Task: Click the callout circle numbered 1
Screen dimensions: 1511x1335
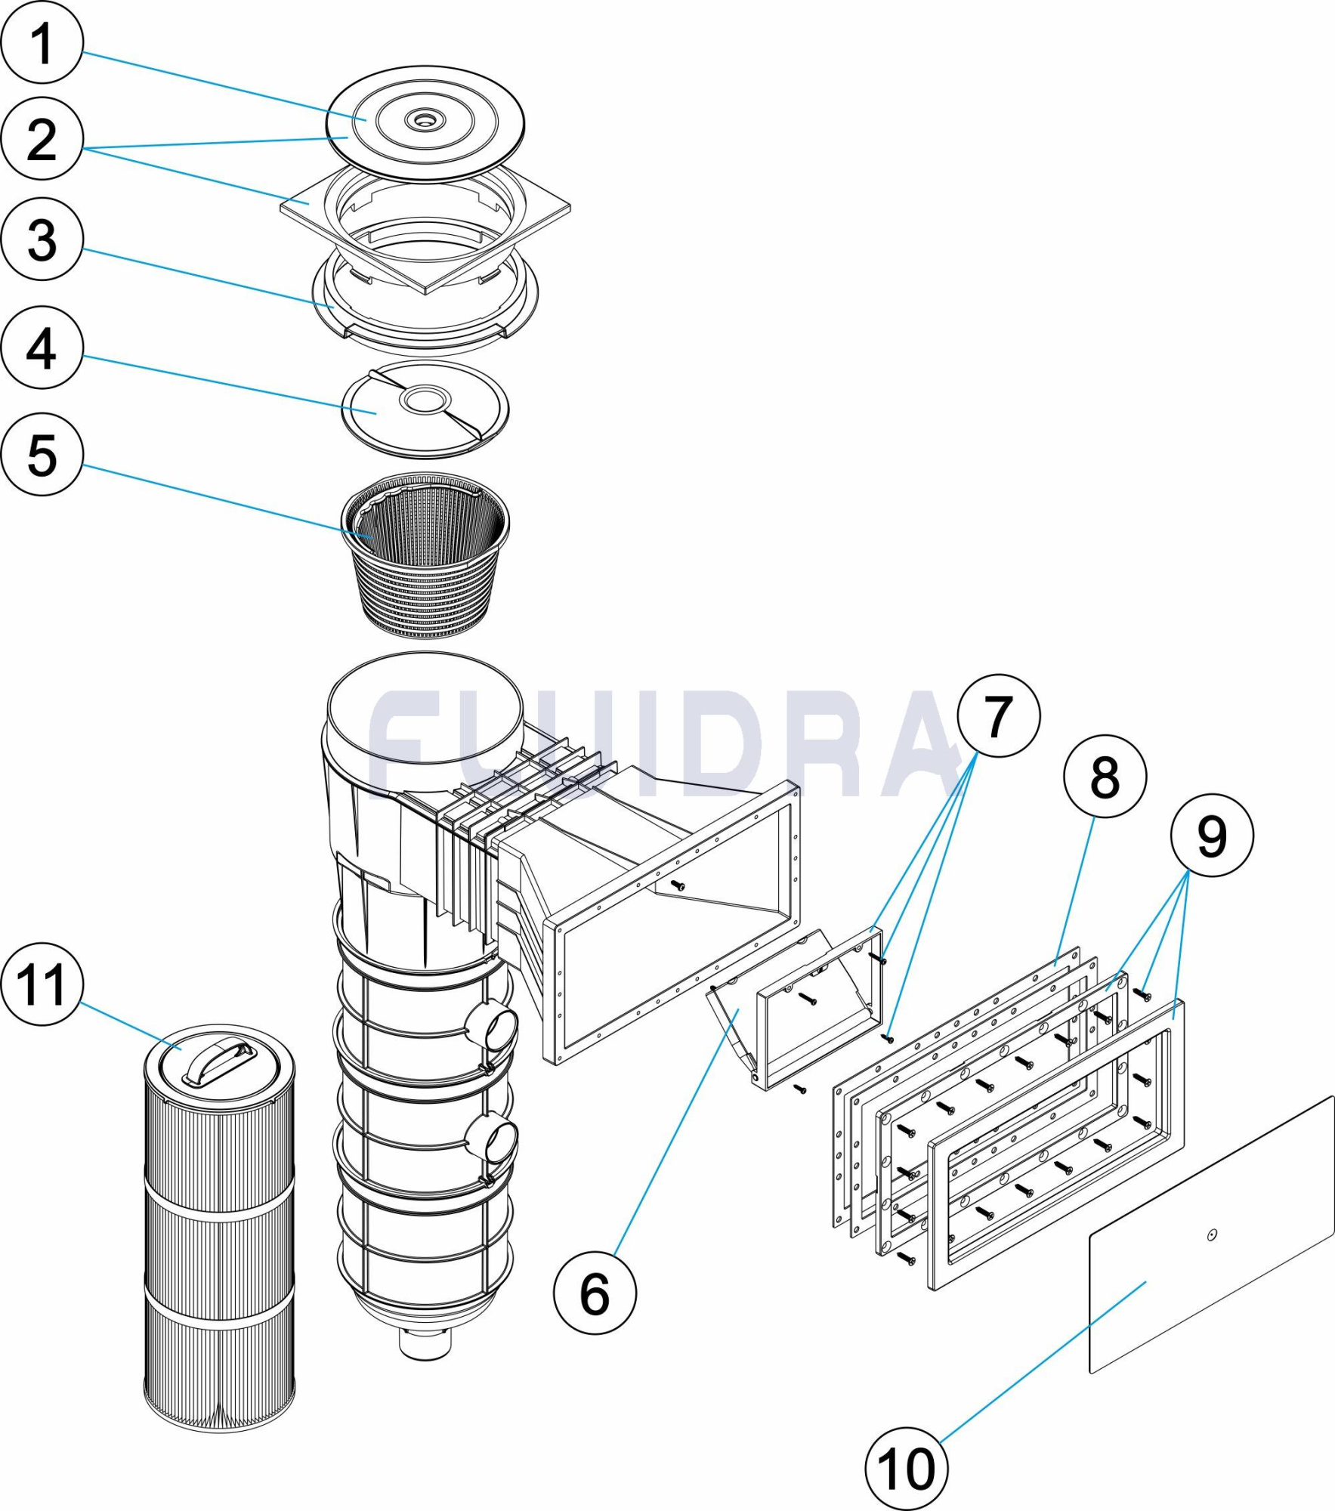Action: (42, 43)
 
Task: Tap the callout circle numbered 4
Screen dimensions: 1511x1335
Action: (42, 348)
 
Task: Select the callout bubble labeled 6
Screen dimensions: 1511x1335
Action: (595, 1293)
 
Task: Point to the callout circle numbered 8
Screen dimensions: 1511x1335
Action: (1105, 776)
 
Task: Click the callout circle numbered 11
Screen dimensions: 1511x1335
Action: (42, 984)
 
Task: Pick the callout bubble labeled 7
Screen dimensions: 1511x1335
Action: (998, 715)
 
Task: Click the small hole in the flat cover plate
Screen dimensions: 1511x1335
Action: (1212, 1235)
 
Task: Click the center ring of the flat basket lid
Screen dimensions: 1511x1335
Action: (425, 400)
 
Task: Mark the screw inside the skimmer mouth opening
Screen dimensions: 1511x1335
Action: (678, 885)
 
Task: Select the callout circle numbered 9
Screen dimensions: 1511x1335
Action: (1212, 836)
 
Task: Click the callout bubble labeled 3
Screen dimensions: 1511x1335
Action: (42, 239)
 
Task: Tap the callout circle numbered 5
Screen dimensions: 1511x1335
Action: (42, 455)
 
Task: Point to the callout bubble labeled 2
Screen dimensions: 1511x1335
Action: (42, 138)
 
